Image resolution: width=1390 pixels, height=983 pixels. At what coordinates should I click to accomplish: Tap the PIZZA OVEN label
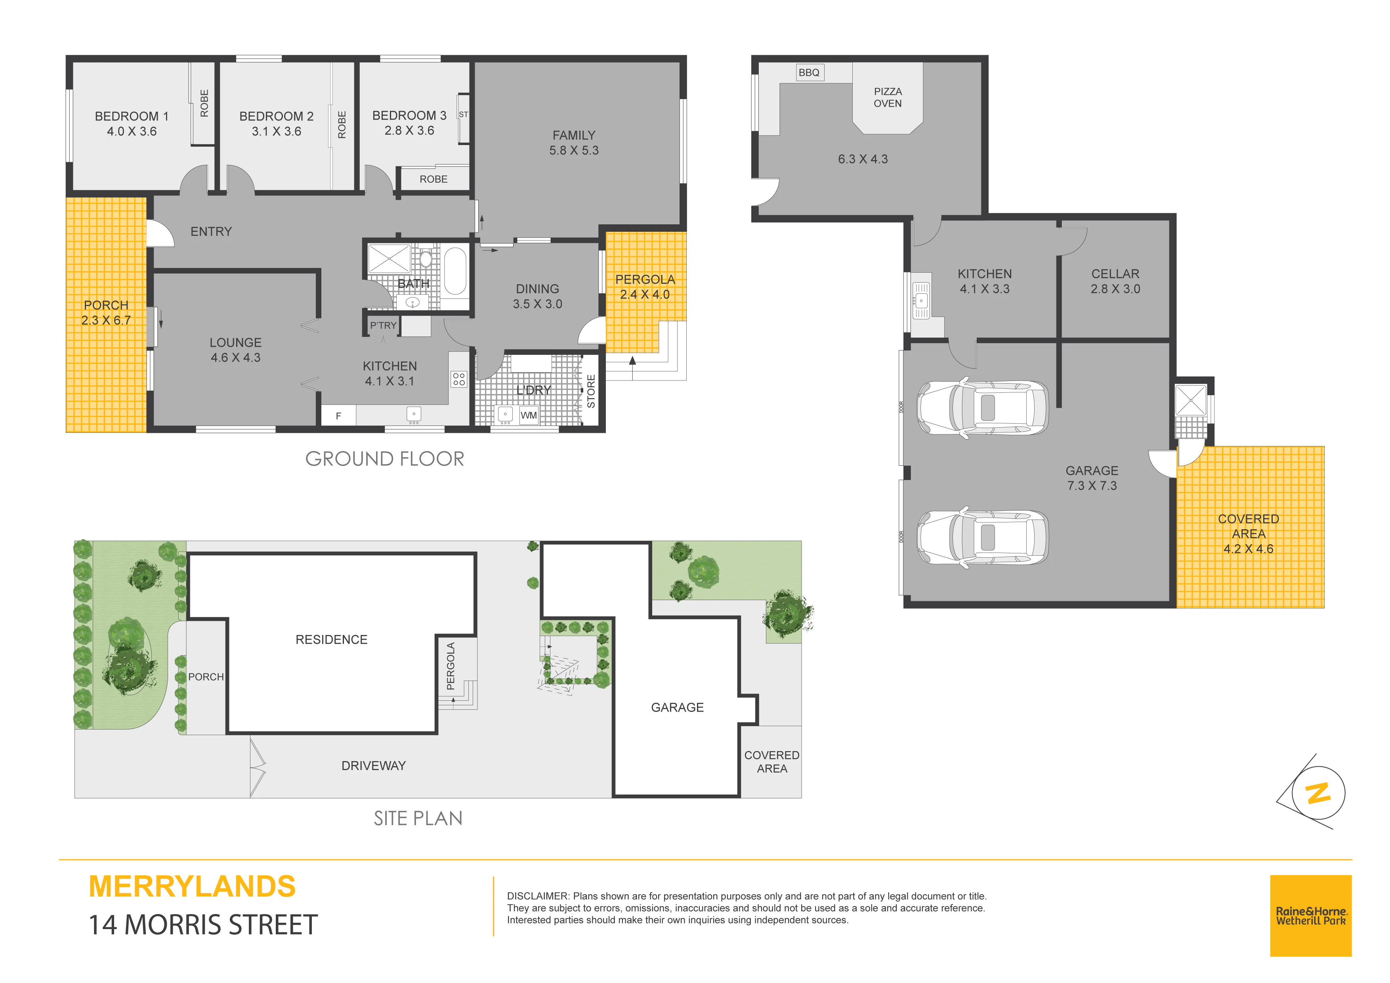(x=888, y=98)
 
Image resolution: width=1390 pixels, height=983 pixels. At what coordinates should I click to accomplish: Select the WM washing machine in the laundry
(x=529, y=415)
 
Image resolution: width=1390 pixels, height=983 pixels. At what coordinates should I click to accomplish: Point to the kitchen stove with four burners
(x=459, y=379)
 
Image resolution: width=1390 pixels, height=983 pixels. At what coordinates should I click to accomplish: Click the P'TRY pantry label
(x=383, y=325)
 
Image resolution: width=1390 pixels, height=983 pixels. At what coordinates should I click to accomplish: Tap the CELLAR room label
(x=1115, y=274)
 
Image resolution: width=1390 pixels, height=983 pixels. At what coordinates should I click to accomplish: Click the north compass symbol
(x=1317, y=792)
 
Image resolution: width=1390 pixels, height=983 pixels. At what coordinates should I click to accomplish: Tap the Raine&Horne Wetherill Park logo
(x=1311, y=916)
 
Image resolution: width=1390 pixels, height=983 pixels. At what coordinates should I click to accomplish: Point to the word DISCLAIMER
(x=538, y=896)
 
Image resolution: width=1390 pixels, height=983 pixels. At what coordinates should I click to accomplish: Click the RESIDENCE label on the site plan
(x=331, y=640)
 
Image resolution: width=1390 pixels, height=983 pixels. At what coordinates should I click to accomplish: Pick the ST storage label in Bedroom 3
(x=463, y=115)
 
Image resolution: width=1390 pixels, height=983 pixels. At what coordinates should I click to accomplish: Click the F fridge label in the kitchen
(x=338, y=416)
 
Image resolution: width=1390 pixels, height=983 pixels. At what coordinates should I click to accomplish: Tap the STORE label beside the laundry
(x=591, y=391)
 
